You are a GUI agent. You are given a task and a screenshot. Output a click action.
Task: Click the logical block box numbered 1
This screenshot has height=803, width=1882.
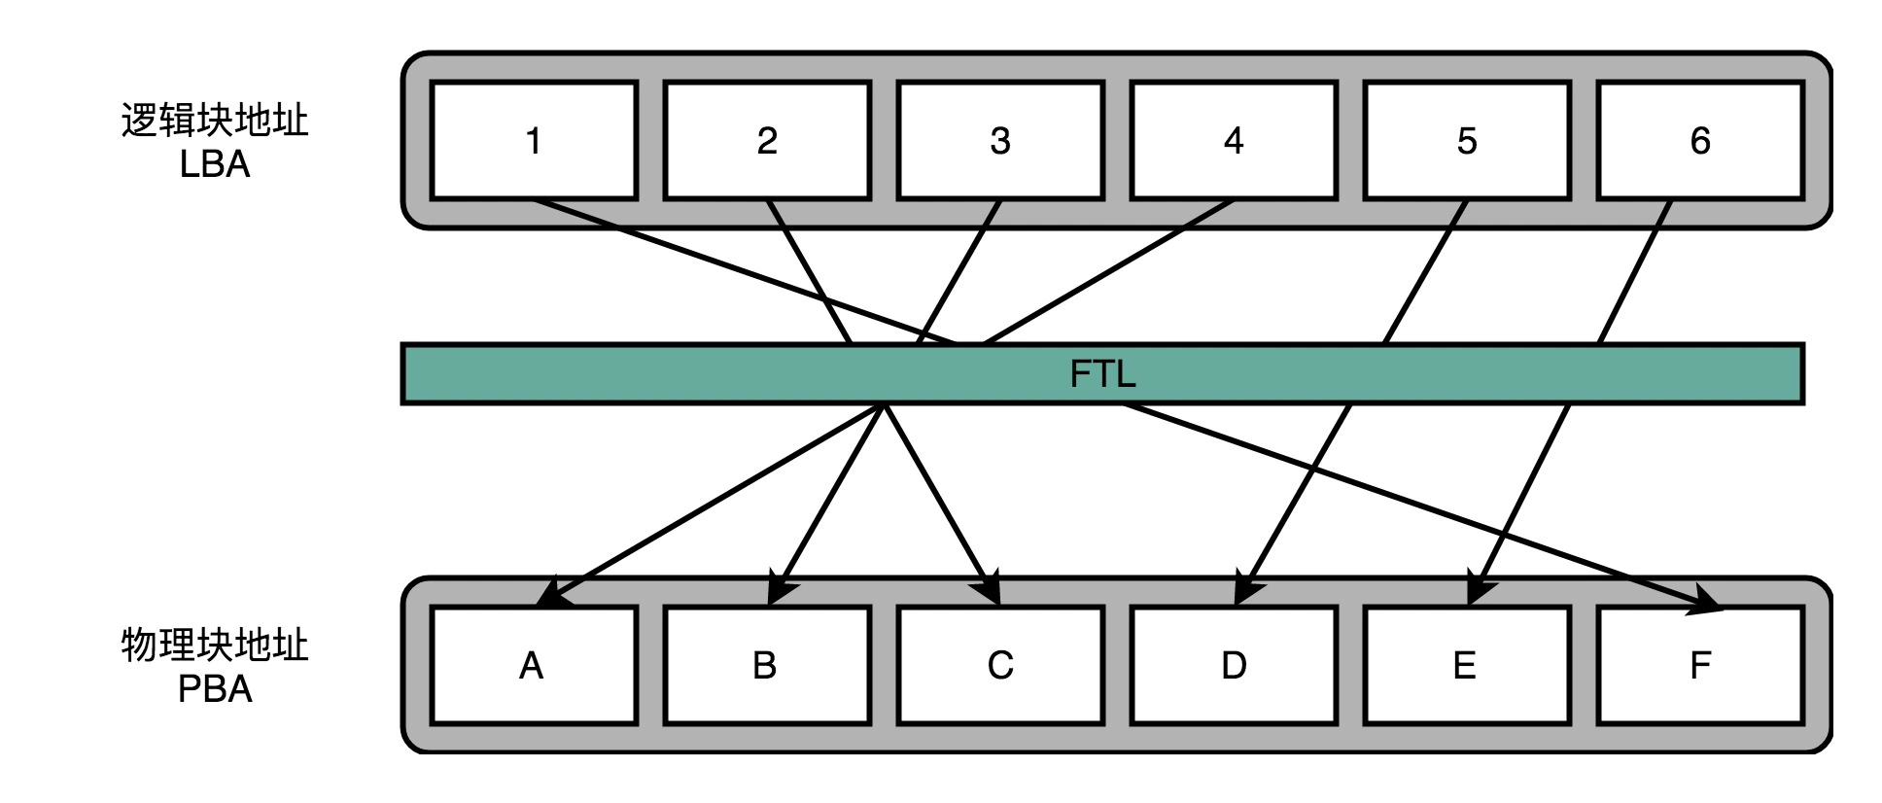tap(533, 141)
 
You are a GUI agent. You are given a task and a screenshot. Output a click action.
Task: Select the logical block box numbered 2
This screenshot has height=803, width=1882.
tap(766, 141)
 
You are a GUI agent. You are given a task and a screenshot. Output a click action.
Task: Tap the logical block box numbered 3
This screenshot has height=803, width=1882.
tap(999, 141)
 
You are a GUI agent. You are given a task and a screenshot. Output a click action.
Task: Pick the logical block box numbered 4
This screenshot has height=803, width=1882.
tap(1233, 141)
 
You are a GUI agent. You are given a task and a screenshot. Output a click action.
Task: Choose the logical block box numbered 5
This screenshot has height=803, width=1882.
tap(1466, 141)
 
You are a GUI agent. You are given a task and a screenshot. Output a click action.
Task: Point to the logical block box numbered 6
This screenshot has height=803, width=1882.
tap(1699, 141)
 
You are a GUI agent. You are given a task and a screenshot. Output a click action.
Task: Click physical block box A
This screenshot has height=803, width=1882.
tap(533, 666)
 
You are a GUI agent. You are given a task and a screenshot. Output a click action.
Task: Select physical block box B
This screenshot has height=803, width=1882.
tap(766, 666)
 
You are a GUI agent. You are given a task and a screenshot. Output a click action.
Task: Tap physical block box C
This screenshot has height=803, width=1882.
tap(999, 666)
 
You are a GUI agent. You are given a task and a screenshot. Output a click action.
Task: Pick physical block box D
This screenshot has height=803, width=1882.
tap(1233, 666)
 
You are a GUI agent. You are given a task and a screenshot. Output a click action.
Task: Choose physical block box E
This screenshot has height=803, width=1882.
tap(1466, 666)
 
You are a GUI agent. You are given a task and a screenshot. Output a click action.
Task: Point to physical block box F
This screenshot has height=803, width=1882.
tap(1699, 666)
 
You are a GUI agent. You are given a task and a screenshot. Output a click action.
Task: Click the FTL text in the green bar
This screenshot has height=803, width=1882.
tap(1102, 374)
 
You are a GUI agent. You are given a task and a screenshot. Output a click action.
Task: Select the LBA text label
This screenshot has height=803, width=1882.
tap(215, 164)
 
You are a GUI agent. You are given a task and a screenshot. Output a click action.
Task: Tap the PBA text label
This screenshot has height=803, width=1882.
tap(215, 689)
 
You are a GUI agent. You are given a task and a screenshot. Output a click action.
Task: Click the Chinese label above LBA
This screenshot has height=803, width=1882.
tap(215, 121)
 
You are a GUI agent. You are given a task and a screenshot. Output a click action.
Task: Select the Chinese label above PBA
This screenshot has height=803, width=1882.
tap(215, 646)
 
